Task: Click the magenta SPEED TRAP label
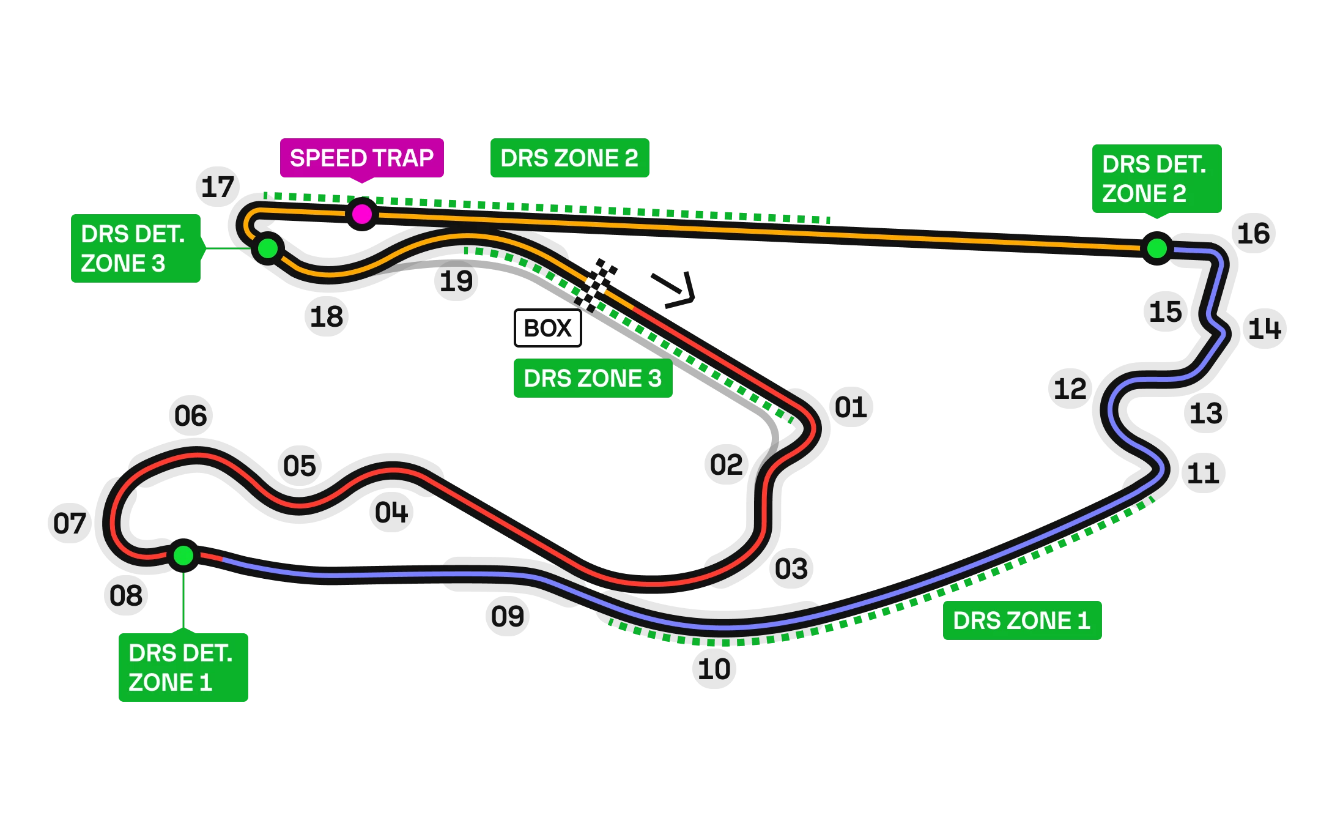361,158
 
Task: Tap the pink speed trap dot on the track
362,214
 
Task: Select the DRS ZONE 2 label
569,158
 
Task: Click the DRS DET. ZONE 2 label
1156,179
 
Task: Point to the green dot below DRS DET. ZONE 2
1156,248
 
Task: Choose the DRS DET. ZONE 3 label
135,248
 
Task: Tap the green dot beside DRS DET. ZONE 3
268,248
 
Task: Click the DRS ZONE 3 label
593,379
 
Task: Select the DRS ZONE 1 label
1021,620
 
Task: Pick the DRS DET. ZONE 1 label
182,668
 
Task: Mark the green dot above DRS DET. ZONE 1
183,556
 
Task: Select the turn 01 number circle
851,408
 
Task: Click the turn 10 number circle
714,668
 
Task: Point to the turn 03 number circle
792,568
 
